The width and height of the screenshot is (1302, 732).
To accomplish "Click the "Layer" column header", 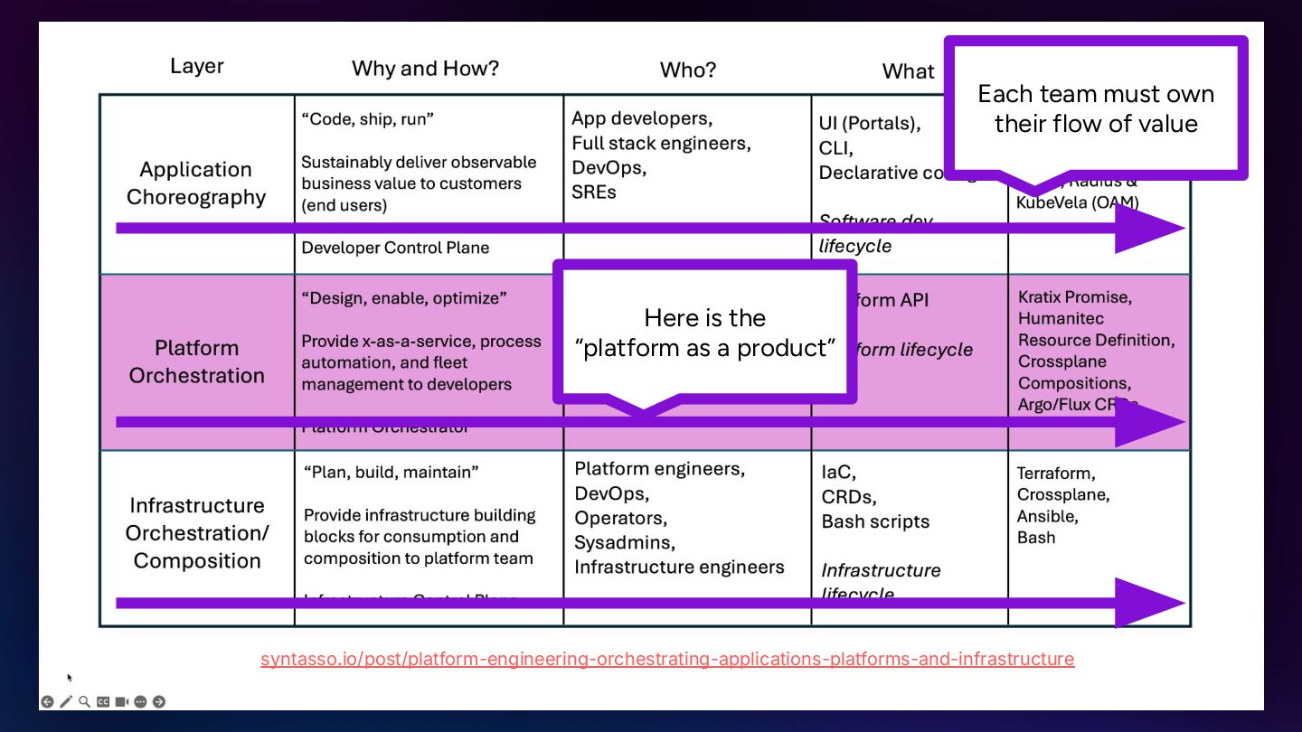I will [196, 66].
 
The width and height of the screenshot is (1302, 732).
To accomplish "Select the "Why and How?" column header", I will [425, 68].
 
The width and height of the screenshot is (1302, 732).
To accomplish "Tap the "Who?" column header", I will [688, 70].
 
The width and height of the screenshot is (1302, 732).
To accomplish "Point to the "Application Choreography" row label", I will [196, 183].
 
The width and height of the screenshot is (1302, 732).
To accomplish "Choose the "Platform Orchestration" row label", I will [196, 361].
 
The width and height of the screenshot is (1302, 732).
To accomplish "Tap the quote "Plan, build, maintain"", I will [391, 472].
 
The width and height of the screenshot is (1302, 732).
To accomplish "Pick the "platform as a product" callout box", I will [704, 333].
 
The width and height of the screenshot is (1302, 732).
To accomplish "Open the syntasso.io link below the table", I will [667, 659].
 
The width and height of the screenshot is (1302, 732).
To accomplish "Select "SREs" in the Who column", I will [594, 192].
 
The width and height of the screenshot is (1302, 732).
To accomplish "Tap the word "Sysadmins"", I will [625, 542].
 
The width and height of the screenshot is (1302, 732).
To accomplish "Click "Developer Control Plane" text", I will [395, 248].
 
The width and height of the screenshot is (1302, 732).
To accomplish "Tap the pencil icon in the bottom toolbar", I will [66, 701].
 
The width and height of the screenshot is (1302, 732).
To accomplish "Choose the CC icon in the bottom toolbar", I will [103, 701].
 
